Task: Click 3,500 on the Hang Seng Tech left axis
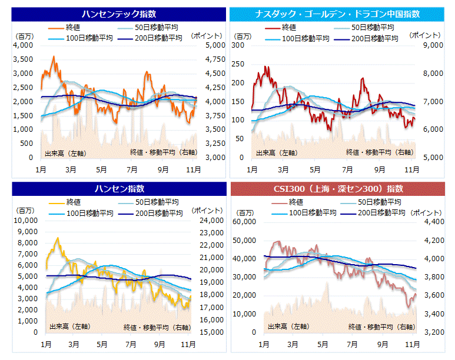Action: [x=24, y=59]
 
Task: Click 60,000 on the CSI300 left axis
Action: [x=245, y=222]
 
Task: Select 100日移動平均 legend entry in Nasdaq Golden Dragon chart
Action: [x=305, y=38]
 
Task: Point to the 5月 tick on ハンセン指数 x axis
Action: [x=102, y=344]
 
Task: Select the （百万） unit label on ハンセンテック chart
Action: [x=24, y=36]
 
